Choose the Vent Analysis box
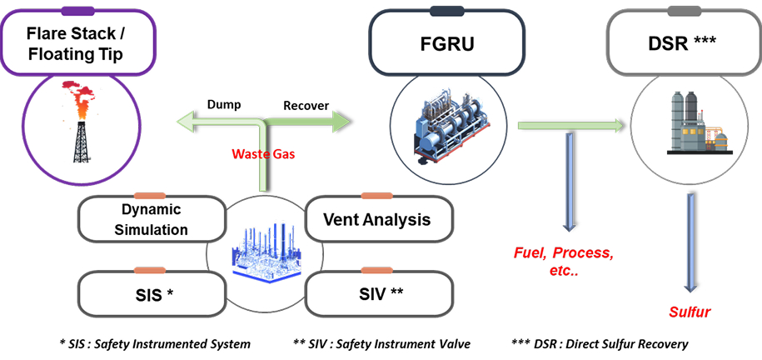380,220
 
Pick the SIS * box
152,293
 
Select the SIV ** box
380,293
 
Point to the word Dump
224,106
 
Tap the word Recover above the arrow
306,106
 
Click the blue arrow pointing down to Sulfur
689,242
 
